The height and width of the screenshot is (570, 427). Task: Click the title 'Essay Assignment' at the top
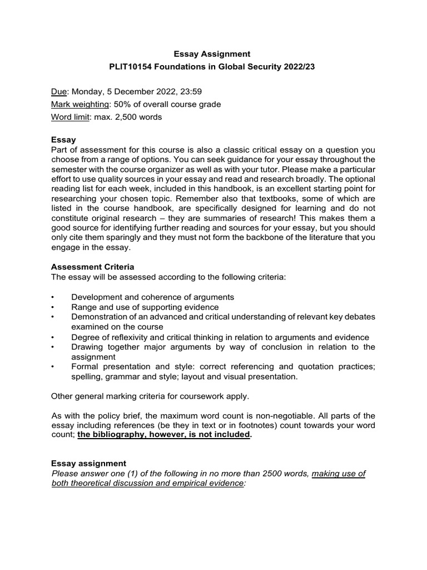coord(212,54)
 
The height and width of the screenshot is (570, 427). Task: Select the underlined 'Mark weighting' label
coord(80,104)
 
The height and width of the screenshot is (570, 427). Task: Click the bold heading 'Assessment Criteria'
coord(92,267)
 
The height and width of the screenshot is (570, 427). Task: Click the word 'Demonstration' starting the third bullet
coord(100,317)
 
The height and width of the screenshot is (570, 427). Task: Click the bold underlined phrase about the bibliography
coord(163,435)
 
